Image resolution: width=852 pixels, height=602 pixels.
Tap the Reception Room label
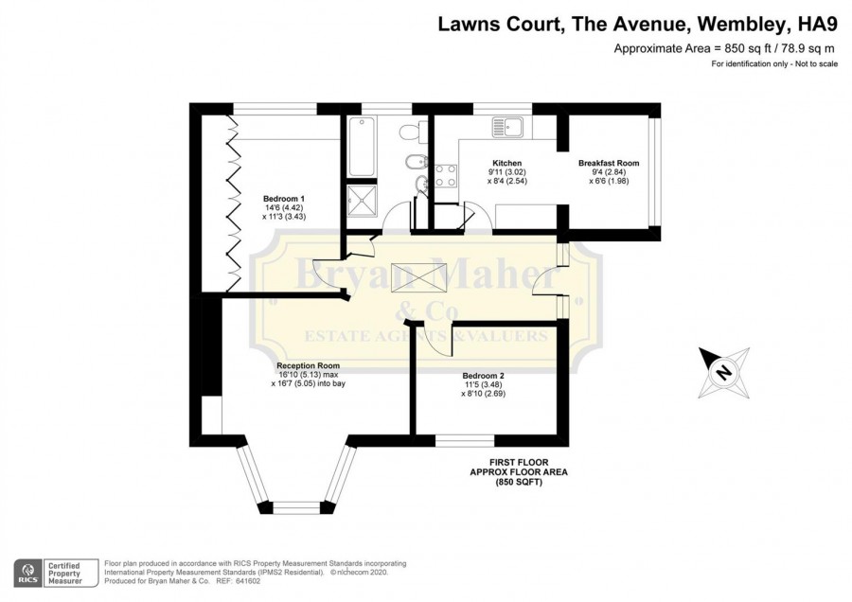coord(308,365)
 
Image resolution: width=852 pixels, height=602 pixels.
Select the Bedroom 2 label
coord(483,376)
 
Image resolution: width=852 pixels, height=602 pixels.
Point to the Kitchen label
coord(507,163)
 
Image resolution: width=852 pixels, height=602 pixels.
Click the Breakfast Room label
coord(609,163)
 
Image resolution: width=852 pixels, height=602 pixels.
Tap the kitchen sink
coord(507,127)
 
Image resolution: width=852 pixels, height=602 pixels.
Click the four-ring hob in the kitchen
coord(446,176)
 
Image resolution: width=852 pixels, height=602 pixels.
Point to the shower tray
coord(362,200)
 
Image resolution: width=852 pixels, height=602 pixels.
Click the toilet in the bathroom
coord(409,132)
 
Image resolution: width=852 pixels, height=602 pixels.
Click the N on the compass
coord(722,373)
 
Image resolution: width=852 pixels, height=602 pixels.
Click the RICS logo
coord(28,574)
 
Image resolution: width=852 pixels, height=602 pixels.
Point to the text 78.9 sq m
coord(806,48)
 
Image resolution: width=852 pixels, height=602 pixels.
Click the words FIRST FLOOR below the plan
coord(519,462)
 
